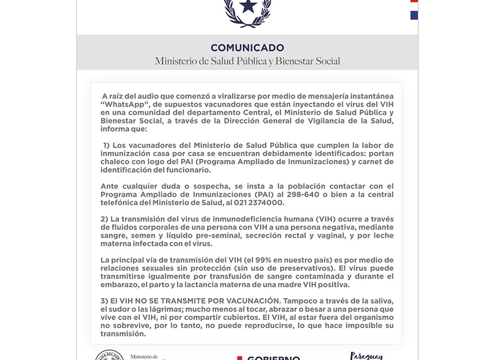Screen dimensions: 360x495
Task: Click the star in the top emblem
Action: point(248,6)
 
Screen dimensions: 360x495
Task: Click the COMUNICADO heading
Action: point(247,48)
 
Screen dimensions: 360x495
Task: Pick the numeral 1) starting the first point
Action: point(106,146)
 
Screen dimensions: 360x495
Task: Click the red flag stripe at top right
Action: point(414,2)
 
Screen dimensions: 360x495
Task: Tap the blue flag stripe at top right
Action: point(414,15)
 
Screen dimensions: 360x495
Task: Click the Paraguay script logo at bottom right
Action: point(367,356)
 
